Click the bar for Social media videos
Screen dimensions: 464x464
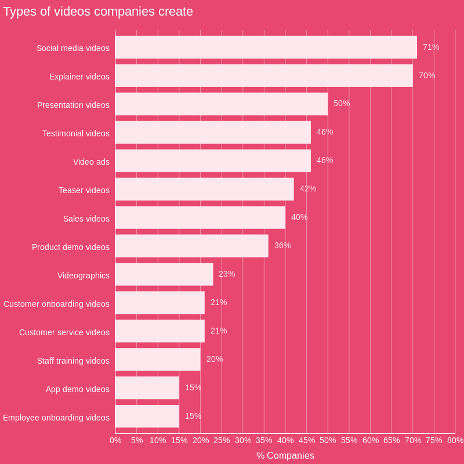[x=266, y=47]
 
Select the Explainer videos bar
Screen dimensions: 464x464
[x=264, y=75]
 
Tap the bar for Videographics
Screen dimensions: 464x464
[x=164, y=274]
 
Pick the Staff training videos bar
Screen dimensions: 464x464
[x=158, y=360]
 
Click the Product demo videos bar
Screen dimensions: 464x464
[x=191, y=246]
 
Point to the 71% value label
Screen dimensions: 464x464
[x=431, y=47]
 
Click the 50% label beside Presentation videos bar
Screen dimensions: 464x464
[x=342, y=103]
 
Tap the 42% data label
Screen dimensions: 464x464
[x=308, y=188]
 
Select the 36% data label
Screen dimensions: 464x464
[x=282, y=245]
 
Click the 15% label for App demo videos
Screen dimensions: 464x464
[x=193, y=387]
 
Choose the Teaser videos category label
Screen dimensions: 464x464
[x=84, y=190]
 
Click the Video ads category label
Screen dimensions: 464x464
[x=91, y=162]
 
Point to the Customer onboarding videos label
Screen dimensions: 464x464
[x=56, y=304]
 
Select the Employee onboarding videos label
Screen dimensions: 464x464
[x=56, y=418]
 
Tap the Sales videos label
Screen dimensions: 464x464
[x=86, y=219]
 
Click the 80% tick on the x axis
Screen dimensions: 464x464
[x=455, y=440]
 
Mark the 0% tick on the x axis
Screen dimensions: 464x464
[x=115, y=440]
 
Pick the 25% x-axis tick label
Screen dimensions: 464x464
[x=222, y=440]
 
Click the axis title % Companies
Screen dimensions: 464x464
[x=285, y=455]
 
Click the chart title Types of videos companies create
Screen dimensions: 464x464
[x=98, y=12]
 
